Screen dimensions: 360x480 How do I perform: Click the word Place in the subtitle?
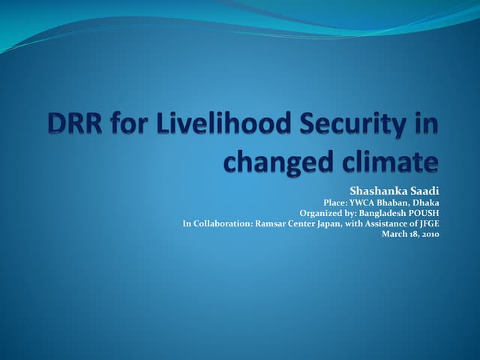click(334, 202)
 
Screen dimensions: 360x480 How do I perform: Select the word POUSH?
click(424, 213)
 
